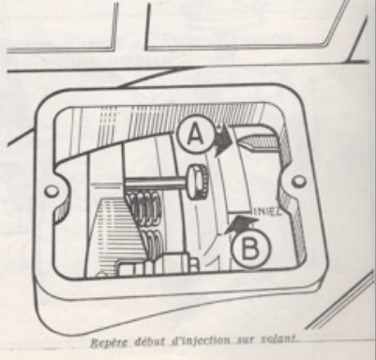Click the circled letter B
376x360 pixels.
[247, 250]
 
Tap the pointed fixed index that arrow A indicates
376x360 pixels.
[252, 142]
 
